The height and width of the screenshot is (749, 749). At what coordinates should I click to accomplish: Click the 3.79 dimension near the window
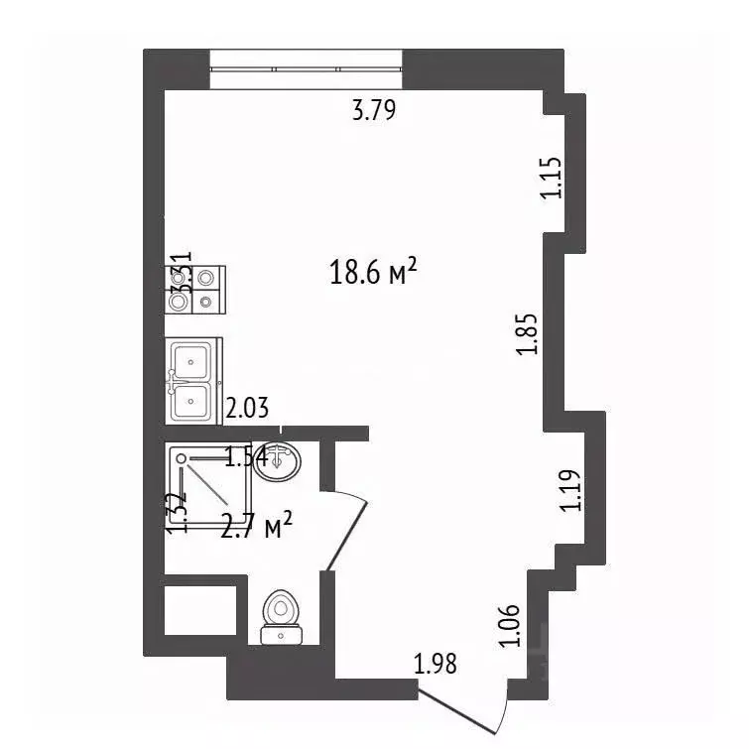click(374, 110)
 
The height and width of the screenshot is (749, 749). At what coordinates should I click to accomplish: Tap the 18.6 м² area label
click(371, 272)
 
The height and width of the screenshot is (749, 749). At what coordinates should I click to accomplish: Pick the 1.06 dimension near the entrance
click(510, 624)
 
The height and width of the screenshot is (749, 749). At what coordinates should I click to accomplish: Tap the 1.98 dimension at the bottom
click(436, 664)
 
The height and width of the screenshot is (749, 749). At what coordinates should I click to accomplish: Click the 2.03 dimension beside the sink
click(248, 407)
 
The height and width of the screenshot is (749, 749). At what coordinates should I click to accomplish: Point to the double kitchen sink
click(192, 380)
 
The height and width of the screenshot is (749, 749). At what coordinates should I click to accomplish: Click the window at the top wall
click(306, 68)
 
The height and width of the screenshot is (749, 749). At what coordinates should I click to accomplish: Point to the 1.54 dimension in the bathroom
click(247, 457)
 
